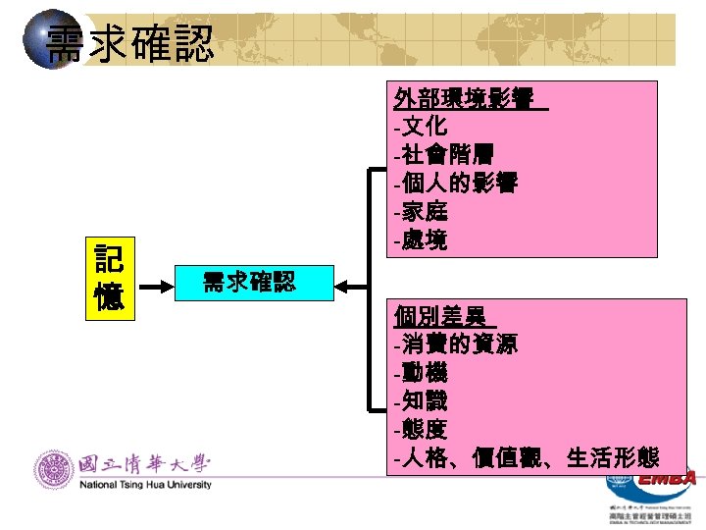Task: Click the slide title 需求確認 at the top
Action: (128, 43)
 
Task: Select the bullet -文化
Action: (421, 127)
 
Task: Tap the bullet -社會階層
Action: (442, 154)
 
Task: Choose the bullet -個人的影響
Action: (455, 183)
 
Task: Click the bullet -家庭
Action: (421, 211)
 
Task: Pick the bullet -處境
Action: (421, 239)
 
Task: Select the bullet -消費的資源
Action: (455, 344)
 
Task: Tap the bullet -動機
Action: (421, 373)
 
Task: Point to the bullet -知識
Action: (421, 401)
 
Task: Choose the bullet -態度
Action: (421, 429)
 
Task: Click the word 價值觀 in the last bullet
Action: (512, 457)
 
